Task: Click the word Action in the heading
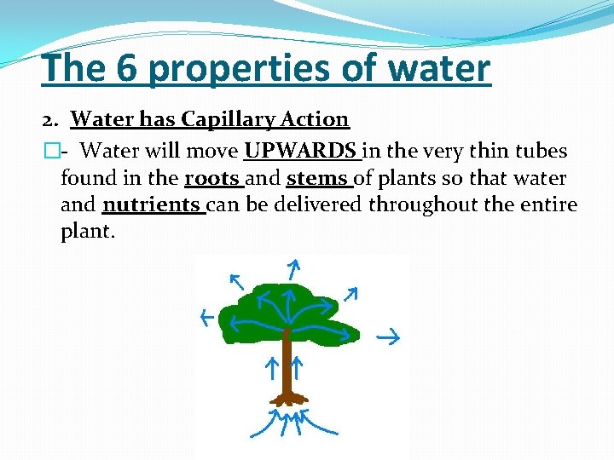312,120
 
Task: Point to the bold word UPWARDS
300,152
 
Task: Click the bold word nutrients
151,205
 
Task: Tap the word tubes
534,152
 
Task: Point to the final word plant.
86,232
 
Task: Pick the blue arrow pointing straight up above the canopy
292,270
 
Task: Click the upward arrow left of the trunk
270,368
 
